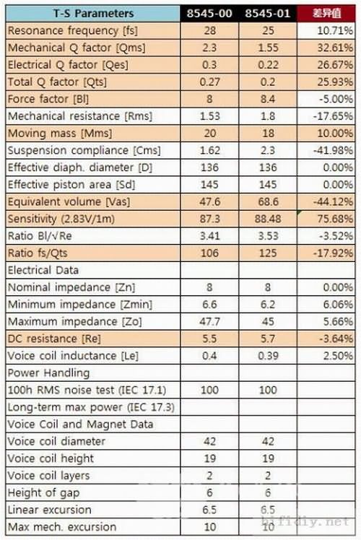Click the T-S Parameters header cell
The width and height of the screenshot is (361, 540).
coord(93,14)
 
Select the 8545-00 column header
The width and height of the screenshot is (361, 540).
coord(209,14)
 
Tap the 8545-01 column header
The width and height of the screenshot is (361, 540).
coord(268,14)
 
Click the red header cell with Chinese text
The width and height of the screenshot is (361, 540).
coord(326,14)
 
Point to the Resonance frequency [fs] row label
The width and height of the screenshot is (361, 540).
coord(73,30)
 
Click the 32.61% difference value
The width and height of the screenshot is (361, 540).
coord(335,48)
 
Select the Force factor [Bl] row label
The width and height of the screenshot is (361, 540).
coord(48,99)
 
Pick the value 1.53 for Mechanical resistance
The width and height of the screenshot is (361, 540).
coord(209,116)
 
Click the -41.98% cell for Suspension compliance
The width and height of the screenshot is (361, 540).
coord(333,150)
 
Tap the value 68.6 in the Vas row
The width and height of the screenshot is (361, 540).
coord(268,202)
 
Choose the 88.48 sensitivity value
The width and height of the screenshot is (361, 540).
coord(268,219)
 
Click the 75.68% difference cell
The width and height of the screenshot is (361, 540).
coord(335,219)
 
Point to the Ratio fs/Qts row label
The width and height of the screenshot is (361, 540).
coord(38,253)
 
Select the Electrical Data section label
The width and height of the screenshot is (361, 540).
coord(43,270)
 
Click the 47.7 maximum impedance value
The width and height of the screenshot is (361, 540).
coord(209,322)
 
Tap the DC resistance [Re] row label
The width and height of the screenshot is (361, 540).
coord(54,339)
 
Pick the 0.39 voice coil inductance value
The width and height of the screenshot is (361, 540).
coord(268,356)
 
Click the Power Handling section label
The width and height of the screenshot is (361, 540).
coord(48,373)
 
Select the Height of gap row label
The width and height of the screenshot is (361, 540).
coord(44,493)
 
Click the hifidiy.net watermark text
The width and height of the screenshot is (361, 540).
coord(305,521)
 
